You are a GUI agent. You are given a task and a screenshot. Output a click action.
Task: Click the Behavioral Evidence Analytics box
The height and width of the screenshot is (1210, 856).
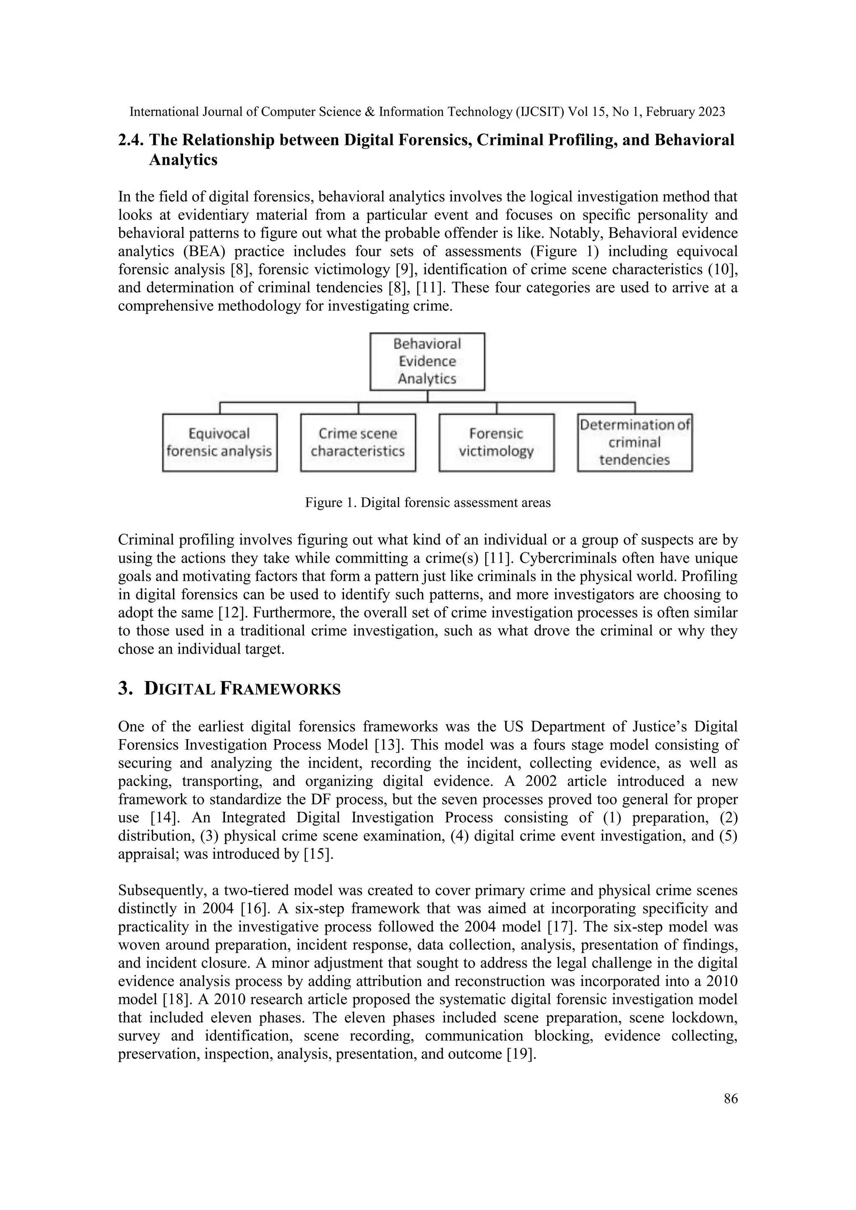tap(427, 361)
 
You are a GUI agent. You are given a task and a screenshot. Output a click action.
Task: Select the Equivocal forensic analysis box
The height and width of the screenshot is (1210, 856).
tap(219, 443)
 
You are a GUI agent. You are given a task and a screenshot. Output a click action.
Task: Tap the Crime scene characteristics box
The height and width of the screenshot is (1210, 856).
tap(358, 443)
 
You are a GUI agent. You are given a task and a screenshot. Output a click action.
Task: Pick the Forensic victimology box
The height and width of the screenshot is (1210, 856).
tap(496, 443)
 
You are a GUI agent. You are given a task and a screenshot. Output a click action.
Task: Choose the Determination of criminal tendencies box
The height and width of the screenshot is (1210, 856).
tap(634, 443)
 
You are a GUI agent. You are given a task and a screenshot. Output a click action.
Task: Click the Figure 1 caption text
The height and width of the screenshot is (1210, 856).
tap(428, 503)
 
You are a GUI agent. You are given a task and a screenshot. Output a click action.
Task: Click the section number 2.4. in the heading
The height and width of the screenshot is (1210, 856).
tap(131, 140)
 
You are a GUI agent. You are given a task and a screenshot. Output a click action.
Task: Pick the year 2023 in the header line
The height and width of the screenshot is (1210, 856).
tap(711, 112)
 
